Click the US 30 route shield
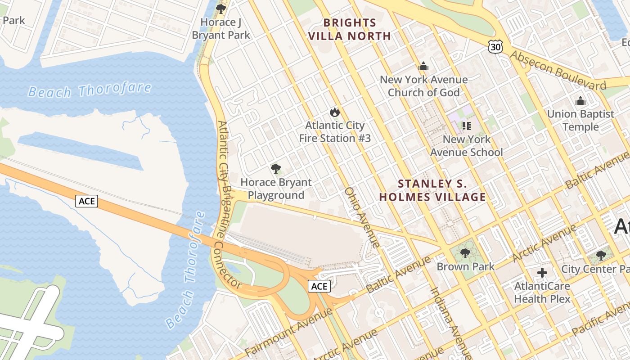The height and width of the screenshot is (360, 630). [495, 46]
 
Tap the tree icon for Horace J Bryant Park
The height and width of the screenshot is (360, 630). [220, 9]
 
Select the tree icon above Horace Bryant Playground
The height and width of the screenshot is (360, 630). [276, 169]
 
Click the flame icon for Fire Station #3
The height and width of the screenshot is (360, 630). [334, 112]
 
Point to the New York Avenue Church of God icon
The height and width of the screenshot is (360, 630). [423, 67]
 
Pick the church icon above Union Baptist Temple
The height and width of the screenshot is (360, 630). [580, 100]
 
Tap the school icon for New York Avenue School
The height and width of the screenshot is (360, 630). [466, 126]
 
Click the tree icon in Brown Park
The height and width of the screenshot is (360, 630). [465, 253]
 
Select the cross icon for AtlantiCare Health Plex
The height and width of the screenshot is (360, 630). [542, 272]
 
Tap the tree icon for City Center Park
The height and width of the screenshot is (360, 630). [601, 256]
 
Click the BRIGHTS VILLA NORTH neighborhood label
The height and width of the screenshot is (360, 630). [350, 29]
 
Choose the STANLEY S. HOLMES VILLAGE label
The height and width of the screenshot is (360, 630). [432, 190]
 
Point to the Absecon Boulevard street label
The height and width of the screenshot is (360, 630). [558, 70]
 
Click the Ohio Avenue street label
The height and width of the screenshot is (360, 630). [362, 217]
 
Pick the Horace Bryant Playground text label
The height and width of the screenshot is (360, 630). [276, 189]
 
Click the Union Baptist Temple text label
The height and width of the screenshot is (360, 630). [580, 120]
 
